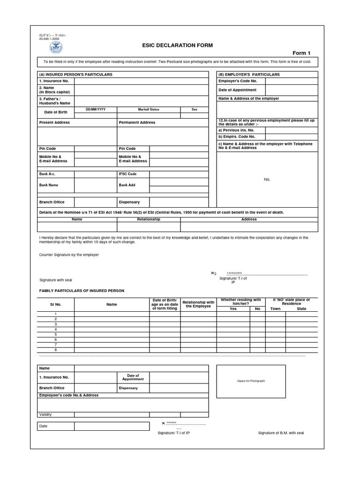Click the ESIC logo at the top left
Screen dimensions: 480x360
pos(57,47)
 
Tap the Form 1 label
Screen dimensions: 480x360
pos(301,53)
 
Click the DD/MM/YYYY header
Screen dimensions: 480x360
pos(96,109)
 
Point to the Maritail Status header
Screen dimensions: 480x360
pos(149,109)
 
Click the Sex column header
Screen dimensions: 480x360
pos(195,109)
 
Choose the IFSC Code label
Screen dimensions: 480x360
pos(128,174)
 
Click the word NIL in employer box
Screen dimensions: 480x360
pos(267,180)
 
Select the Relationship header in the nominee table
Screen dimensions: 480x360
pos(149,219)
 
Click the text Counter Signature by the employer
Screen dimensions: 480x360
pos(69,255)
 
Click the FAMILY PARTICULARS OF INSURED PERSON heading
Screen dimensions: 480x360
pos(82,291)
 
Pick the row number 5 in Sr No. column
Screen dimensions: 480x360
pos(56,334)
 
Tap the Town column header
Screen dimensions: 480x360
pos(275,309)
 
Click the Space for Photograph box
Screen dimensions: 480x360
pos(250,381)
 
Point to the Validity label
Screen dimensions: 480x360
pos(45,414)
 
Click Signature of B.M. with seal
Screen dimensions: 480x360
pos(281,433)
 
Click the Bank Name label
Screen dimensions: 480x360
pos(49,185)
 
